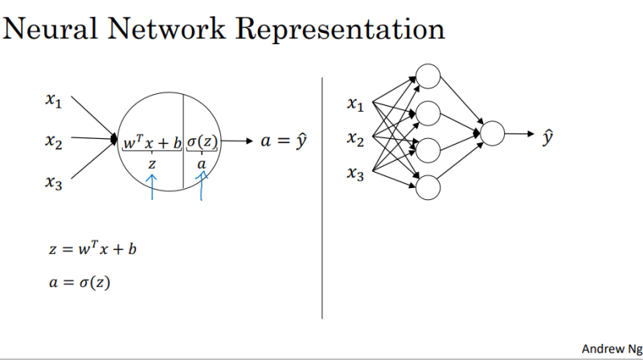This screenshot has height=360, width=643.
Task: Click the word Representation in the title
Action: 338,30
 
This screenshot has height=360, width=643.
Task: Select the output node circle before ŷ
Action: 492,133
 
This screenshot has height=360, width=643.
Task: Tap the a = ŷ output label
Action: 285,142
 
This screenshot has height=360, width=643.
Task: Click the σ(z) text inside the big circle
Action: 203,142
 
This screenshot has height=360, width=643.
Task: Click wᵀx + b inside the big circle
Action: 152,142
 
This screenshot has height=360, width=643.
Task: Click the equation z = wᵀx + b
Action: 96,248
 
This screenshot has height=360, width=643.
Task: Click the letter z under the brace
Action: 152,163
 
